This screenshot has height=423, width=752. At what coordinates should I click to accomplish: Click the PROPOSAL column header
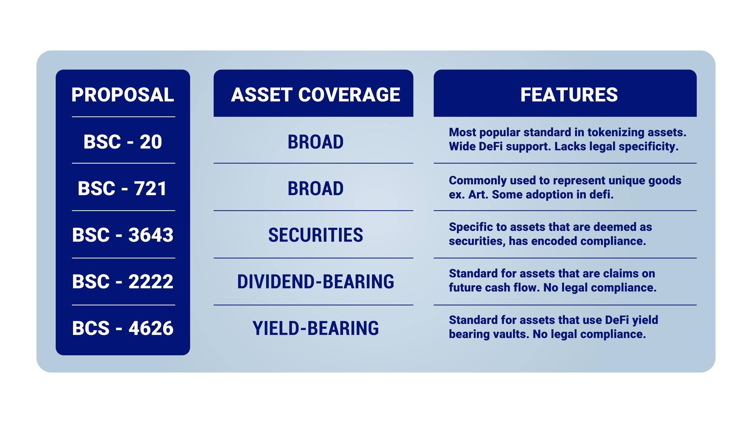point(123,95)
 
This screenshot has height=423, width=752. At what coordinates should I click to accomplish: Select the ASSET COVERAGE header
point(315,95)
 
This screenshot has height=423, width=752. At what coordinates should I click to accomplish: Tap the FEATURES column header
point(569,95)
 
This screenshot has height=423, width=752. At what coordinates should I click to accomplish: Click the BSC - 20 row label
point(123,142)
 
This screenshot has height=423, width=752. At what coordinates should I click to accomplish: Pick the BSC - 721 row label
point(122,188)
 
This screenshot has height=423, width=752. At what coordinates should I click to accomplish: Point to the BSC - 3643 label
point(123,235)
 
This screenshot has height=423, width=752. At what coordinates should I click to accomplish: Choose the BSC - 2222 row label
point(123,282)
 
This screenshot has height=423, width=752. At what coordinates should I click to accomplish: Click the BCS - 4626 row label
point(123,328)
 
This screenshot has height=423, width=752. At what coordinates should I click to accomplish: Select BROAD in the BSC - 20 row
point(316,142)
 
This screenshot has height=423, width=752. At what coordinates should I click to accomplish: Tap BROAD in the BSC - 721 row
point(316,189)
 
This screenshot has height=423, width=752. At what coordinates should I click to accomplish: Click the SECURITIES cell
point(316,235)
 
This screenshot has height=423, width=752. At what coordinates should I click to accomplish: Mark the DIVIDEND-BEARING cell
point(316,282)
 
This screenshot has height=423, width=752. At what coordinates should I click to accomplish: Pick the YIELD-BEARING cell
point(316,328)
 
